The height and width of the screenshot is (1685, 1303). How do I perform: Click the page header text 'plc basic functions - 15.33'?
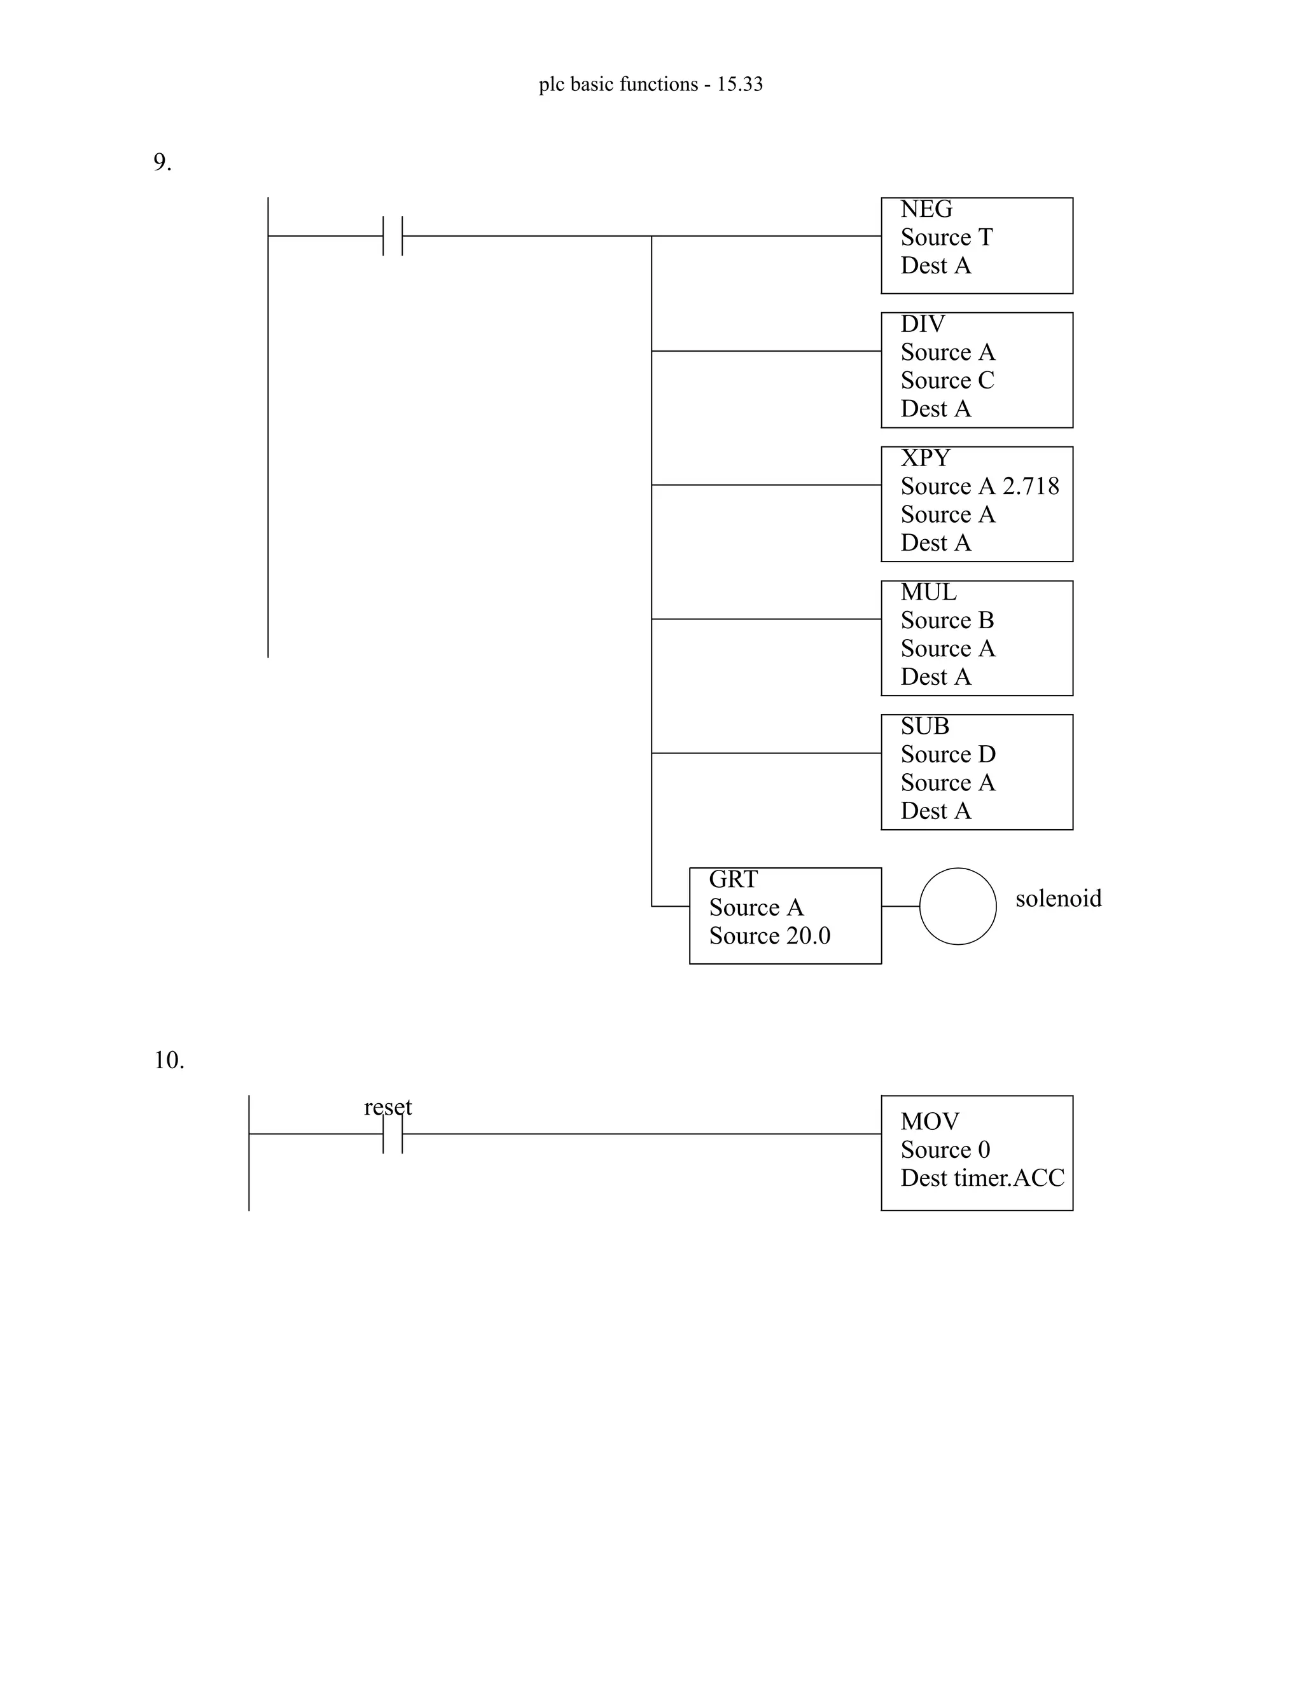pyautogui.click(x=651, y=84)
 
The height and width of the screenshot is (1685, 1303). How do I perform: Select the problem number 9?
pyautogui.click(x=162, y=163)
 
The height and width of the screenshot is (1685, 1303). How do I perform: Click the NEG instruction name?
pyautogui.click(x=926, y=209)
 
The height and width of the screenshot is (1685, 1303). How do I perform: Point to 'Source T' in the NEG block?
pyautogui.click(x=946, y=238)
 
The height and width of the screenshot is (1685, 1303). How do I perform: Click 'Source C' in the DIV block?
pyautogui.click(x=947, y=380)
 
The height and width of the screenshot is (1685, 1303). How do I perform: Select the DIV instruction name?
pyautogui.click(x=923, y=324)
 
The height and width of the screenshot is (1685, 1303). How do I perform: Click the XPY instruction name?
pyautogui.click(x=924, y=458)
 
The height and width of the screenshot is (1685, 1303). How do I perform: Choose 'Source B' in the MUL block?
pyautogui.click(x=947, y=621)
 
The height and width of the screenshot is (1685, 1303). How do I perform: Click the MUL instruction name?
pyautogui.click(x=928, y=593)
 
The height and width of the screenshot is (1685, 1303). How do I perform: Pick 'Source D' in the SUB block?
pyautogui.click(x=948, y=755)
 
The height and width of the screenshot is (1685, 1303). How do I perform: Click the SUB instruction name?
pyautogui.click(x=924, y=726)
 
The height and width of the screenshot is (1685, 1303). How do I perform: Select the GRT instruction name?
pyautogui.click(x=734, y=879)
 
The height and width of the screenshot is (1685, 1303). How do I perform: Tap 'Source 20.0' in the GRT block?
pyautogui.click(x=770, y=936)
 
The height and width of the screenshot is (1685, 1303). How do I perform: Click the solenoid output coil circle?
pyautogui.click(x=957, y=907)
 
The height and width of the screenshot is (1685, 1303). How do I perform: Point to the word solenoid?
pyautogui.click(x=1058, y=899)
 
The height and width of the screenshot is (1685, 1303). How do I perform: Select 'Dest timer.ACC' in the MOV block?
pyautogui.click(x=982, y=1178)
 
